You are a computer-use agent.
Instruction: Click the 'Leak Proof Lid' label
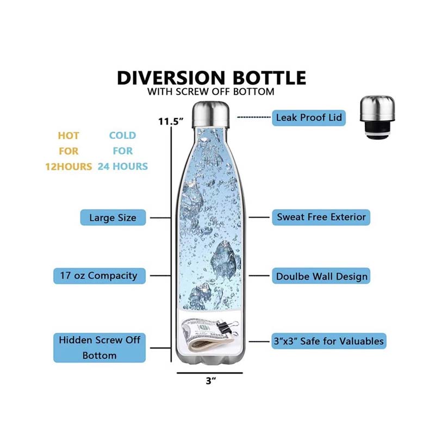(x=308, y=117)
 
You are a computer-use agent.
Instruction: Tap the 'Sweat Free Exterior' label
(x=321, y=217)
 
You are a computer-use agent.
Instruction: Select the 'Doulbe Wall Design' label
(x=321, y=276)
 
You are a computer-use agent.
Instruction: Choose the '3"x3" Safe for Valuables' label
(x=329, y=341)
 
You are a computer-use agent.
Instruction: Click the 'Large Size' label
(x=113, y=217)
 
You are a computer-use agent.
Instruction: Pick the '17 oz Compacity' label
(x=100, y=276)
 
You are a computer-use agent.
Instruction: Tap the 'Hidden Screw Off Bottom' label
(x=100, y=347)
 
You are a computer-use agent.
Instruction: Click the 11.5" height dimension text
(x=171, y=121)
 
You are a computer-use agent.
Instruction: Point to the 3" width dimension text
(x=211, y=381)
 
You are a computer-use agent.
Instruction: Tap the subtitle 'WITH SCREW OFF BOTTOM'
(x=211, y=91)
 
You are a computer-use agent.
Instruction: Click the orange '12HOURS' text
(x=69, y=166)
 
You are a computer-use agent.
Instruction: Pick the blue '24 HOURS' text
(x=123, y=166)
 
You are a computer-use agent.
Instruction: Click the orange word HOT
(x=69, y=135)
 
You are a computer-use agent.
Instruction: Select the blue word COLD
(x=123, y=135)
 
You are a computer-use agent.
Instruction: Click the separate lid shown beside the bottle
(x=377, y=117)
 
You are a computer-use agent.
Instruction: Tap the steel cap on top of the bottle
(x=211, y=114)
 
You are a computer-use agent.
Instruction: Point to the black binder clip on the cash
(x=228, y=327)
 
